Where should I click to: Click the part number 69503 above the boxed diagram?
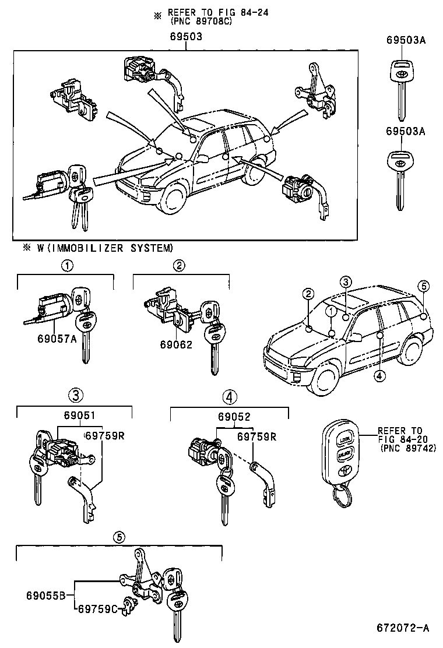click(187, 36)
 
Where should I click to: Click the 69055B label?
click(43, 596)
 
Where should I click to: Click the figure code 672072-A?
click(402, 628)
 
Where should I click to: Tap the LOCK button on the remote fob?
click(345, 438)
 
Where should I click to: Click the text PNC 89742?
click(407, 449)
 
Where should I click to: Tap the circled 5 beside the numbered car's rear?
click(424, 286)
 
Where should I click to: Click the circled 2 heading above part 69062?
click(180, 266)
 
